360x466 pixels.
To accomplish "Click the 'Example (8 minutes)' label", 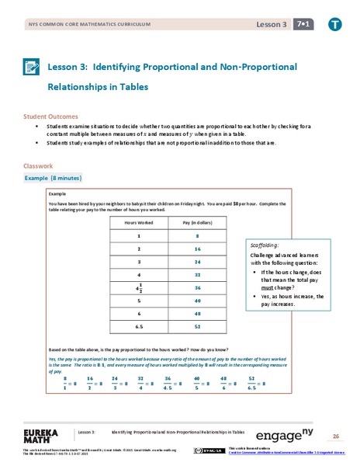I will click(60, 178).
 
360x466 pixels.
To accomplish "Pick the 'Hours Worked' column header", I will click(138, 222).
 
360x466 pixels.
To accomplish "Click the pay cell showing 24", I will click(198, 262).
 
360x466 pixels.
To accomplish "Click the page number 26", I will click(336, 435).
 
